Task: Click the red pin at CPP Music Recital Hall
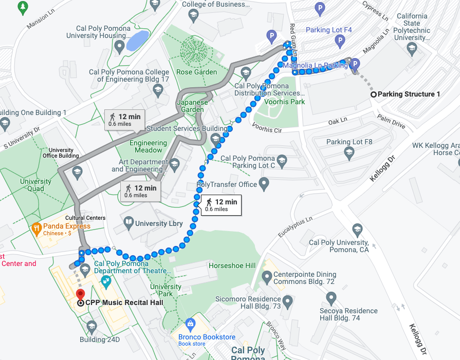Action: [x=80, y=294]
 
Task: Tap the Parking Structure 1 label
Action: [x=409, y=94]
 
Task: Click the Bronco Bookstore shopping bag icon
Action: [x=190, y=325]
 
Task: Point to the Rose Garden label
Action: [x=192, y=72]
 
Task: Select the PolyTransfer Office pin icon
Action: [x=264, y=182]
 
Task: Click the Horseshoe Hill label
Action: [x=232, y=266]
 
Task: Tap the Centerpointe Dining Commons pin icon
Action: [x=267, y=277]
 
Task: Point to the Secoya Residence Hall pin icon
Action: [x=332, y=297]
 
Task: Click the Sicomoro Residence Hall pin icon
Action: [x=287, y=300]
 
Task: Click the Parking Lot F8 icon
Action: [x=349, y=153]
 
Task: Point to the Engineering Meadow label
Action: [x=149, y=146]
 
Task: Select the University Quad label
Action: [x=36, y=185]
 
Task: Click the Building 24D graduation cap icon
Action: [x=91, y=326]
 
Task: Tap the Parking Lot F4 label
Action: [x=329, y=30]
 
